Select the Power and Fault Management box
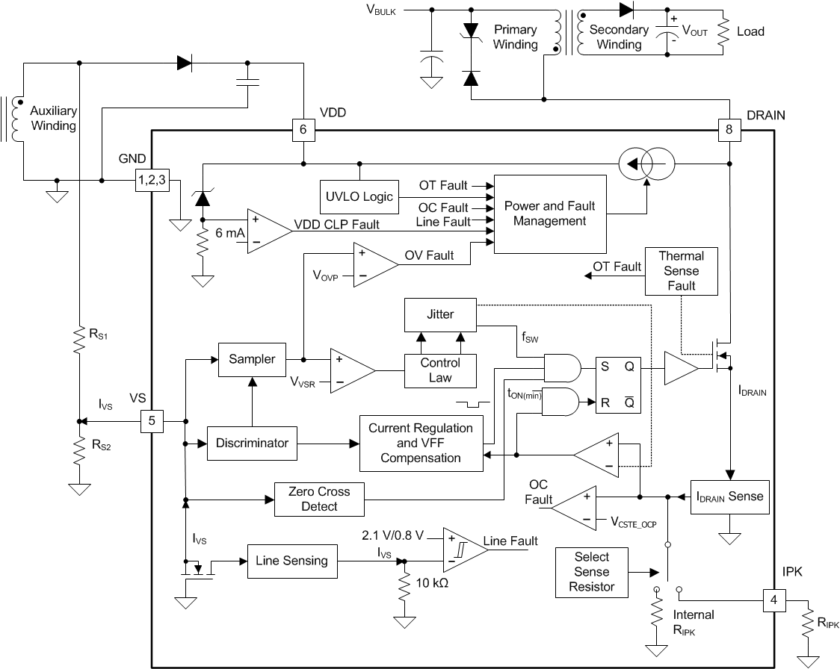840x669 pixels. (549, 214)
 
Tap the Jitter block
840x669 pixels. (440, 314)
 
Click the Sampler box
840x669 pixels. (252, 359)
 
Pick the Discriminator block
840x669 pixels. (252, 443)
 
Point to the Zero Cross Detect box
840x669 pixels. (319, 499)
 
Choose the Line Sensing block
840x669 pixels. (291, 561)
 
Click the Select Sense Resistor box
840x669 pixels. (592, 572)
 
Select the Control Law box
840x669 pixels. (440, 370)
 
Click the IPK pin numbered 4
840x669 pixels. (773, 600)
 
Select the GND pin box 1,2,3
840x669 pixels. (152, 179)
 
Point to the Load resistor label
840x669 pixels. (750, 31)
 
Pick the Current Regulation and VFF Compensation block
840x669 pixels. (421, 443)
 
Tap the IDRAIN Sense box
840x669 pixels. (729, 496)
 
